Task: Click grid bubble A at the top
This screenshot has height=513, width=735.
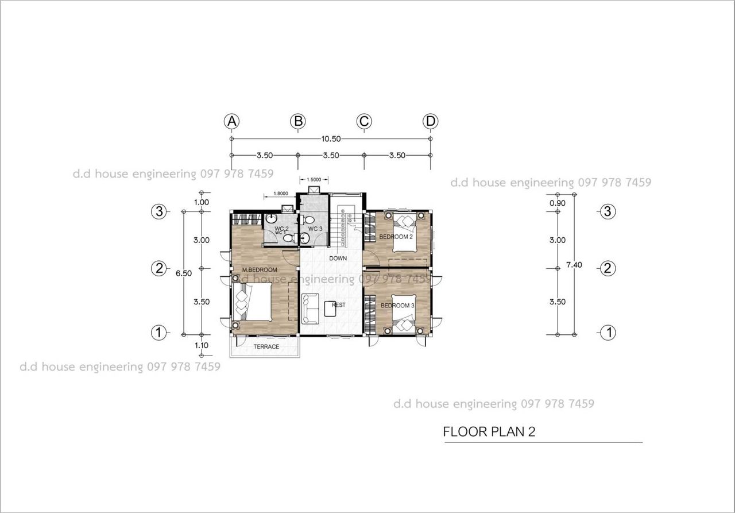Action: pos(231,121)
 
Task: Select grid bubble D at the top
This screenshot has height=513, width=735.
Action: pos(430,121)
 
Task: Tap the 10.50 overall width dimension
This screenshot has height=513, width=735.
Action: pos(331,139)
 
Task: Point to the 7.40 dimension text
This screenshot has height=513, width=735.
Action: pos(574,265)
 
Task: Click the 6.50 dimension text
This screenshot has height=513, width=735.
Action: pos(183,273)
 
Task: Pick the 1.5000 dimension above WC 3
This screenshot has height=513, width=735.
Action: pos(314,180)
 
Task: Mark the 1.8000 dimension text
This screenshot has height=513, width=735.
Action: pos(281,194)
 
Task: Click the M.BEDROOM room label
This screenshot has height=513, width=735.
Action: pos(260,270)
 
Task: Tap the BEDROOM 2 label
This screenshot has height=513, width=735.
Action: pos(396,237)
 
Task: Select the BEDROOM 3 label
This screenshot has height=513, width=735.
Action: pos(397,306)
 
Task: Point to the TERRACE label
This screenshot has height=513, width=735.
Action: pos(266,346)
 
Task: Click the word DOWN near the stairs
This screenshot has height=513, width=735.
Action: pos(338,259)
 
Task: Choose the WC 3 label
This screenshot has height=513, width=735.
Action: pos(315,229)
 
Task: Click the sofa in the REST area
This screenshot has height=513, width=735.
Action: pos(310,309)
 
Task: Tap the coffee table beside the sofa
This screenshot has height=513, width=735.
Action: pos(330,309)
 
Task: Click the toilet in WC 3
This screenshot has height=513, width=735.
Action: pos(307,219)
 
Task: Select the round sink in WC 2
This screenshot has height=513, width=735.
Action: pos(271,218)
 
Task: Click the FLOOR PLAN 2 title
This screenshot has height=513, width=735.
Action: pos(489,432)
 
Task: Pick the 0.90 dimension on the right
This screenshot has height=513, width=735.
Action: pos(558,203)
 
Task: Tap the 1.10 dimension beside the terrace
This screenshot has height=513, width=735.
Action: pos(202,345)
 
